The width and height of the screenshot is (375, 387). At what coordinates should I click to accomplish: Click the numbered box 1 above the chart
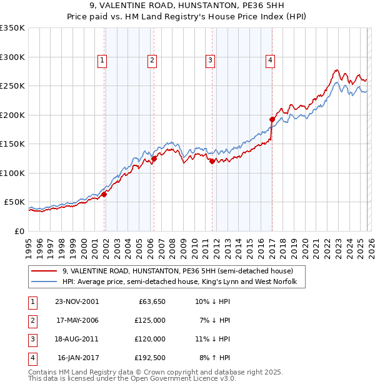pos(102,61)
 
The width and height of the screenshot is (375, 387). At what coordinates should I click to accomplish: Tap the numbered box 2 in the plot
pos(152,61)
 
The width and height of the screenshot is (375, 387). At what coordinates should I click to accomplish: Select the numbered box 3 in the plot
pos(210,61)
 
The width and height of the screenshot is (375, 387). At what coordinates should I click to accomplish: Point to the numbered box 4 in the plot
pos(270,61)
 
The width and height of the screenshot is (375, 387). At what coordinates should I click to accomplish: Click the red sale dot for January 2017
pos(272,119)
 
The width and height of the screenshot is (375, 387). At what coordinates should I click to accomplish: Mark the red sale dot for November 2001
pos(104,194)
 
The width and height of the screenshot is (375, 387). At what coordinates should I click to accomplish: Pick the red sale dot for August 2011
pos(212,161)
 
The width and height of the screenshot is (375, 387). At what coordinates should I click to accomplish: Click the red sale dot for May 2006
pos(154,159)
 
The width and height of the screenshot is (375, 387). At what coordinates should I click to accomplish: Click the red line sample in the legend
pos(45,271)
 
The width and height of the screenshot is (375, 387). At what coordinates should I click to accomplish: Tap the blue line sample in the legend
pos(45,282)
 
